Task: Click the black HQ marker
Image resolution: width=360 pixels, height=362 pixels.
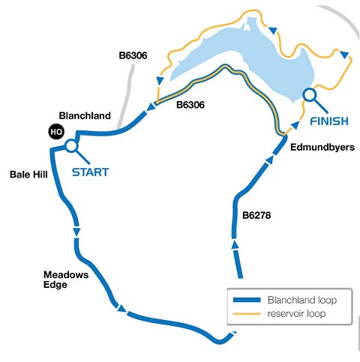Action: (x=56, y=132)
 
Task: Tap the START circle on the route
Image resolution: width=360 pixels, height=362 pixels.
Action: (x=71, y=146)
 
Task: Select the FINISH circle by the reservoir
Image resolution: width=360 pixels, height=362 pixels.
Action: (x=310, y=95)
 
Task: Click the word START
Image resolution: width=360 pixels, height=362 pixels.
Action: (x=91, y=172)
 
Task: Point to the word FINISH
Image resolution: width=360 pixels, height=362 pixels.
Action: (x=329, y=121)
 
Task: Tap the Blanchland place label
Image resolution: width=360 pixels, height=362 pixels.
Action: (x=85, y=115)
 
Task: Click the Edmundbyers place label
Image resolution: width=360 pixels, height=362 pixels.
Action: (x=322, y=147)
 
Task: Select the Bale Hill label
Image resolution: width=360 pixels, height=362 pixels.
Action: (x=28, y=175)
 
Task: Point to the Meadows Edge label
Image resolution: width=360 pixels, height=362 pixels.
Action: (x=66, y=280)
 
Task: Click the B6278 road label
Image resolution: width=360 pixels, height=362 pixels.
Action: (x=256, y=215)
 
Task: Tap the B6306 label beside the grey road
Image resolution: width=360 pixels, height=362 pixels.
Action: (x=133, y=55)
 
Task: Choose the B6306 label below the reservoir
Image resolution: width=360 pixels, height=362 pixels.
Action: (x=190, y=105)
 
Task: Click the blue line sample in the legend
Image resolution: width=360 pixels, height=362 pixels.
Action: (x=247, y=300)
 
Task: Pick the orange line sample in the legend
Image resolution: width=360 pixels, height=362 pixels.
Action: (x=247, y=313)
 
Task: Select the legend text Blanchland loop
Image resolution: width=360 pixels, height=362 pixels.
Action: (x=302, y=300)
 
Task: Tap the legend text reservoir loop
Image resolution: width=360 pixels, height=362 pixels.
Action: (x=296, y=313)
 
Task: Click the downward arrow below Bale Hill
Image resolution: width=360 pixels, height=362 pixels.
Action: (x=76, y=232)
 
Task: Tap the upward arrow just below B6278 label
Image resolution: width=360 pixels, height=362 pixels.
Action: (x=235, y=244)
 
